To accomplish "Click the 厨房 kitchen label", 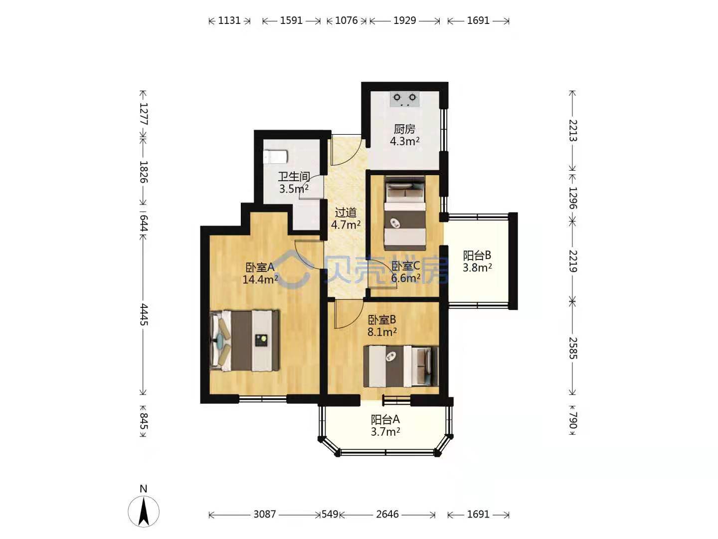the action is pos(404,129).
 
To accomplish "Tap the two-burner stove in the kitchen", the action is pos(405,99).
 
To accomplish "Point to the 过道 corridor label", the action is pos(346,213).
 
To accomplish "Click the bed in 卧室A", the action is pos(245,340).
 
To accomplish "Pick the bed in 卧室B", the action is pos(401,366).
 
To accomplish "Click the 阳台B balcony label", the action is pos(477,255).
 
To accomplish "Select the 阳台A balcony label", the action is pos(385,419).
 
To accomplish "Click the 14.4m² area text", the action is pos(260,279).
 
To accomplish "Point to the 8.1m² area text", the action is pos(382,332).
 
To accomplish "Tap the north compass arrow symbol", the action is pos(144,512).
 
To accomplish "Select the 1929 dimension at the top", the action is pos(405,20).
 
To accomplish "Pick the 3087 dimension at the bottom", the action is pos(265,514).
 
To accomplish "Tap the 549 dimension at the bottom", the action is pos(330,514).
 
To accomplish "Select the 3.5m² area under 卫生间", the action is pos(294,189).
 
